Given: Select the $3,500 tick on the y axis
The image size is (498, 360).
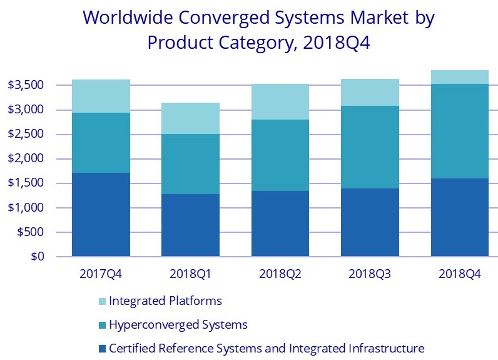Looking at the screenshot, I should (30, 85).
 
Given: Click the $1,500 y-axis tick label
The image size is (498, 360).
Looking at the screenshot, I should (30, 183).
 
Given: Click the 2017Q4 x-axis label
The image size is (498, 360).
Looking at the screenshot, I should (101, 274).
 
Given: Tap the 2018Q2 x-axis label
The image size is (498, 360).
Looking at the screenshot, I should (280, 274).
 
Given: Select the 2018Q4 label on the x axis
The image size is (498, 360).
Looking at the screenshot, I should (460, 274).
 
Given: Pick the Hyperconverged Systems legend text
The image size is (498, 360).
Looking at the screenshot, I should (178, 325).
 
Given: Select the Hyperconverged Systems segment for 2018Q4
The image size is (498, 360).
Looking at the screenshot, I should (460, 131).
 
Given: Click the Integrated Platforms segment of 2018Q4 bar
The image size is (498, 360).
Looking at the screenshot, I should (460, 77).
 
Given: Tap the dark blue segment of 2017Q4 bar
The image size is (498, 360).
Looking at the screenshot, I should (101, 215).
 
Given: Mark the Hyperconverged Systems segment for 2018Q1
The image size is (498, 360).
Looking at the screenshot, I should (190, 164).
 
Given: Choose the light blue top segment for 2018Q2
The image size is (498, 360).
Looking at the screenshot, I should (280, 101).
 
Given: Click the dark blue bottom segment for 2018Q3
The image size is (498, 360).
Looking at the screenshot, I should (370, 222).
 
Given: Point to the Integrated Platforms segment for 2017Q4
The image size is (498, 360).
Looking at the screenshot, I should (101, 96).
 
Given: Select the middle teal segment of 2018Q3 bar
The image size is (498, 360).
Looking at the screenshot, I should (370, 147).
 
